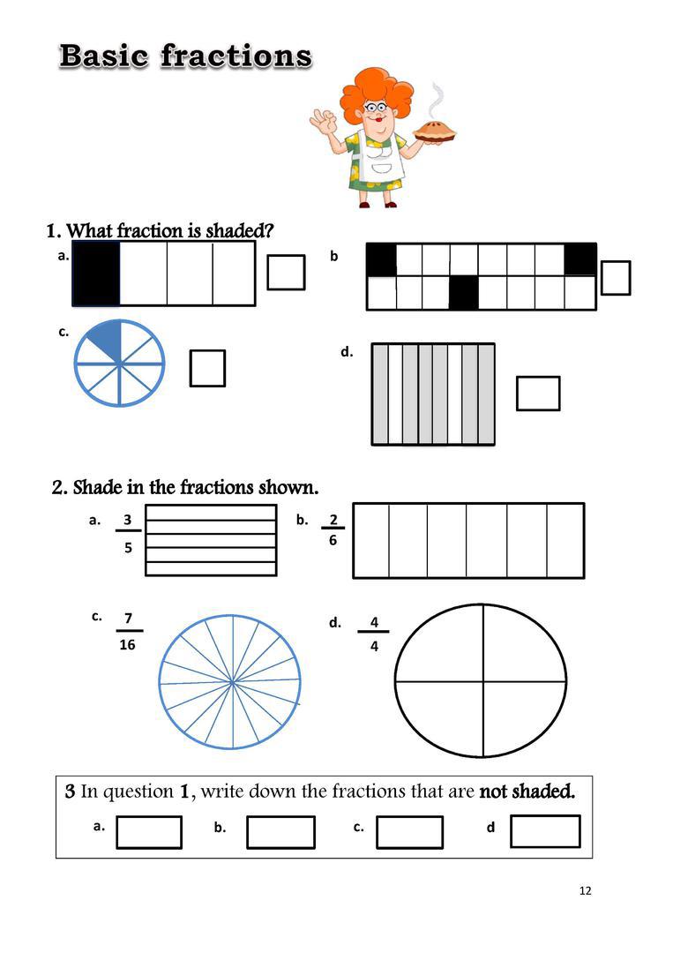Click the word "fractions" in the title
(236, 56)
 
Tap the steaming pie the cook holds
(434, 132)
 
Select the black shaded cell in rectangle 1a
(96, 274)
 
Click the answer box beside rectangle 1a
(286, 273)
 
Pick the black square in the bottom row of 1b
(463, 293)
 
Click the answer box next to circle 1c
(208, 368)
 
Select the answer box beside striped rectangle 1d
(538, 394)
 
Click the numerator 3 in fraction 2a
(128, 520)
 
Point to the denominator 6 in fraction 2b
(333, 540)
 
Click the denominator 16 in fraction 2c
(128, 644)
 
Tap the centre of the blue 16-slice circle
(232, 682)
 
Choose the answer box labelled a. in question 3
(149, 832)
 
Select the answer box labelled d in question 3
(545, 831)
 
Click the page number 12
(585, 890)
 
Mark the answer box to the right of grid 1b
(616, 278)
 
